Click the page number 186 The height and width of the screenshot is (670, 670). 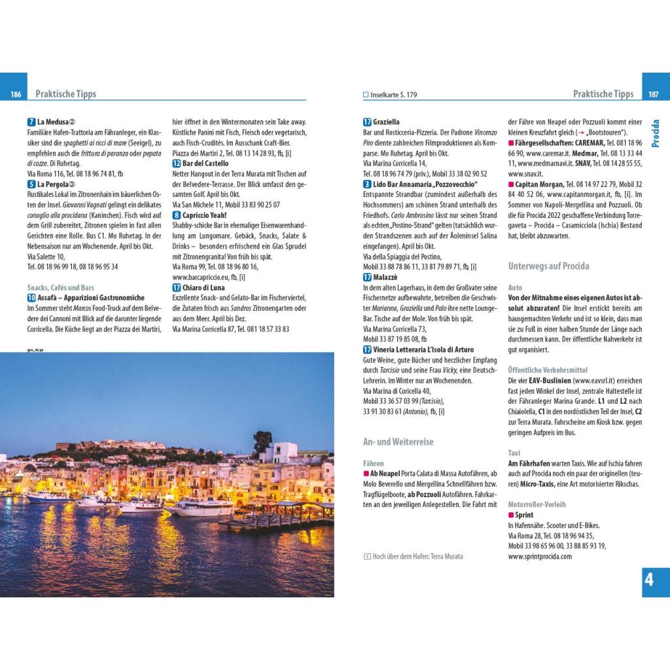click(x=16, y=94)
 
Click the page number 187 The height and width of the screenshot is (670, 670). click(x=653, y=94)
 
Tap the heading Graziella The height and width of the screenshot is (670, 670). click(x=386, y=122)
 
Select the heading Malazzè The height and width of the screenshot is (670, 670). click(x=386, y=277)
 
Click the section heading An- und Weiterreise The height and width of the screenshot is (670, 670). click(x=398, y=442)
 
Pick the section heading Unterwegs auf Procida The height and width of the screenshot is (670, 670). click(x=548, y=266)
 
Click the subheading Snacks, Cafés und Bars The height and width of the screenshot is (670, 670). click(x=61, y=287)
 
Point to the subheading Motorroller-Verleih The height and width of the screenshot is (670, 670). click(x=537, y=504)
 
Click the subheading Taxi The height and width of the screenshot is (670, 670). click(x=515, y=453)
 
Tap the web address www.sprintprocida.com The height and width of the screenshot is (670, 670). click(x=540, y=556)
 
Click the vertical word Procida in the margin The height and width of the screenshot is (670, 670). click(x=656, y=133)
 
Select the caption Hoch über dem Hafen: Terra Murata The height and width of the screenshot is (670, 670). click(x=417, y=556)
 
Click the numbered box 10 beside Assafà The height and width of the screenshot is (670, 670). click(x=31, y=298)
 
